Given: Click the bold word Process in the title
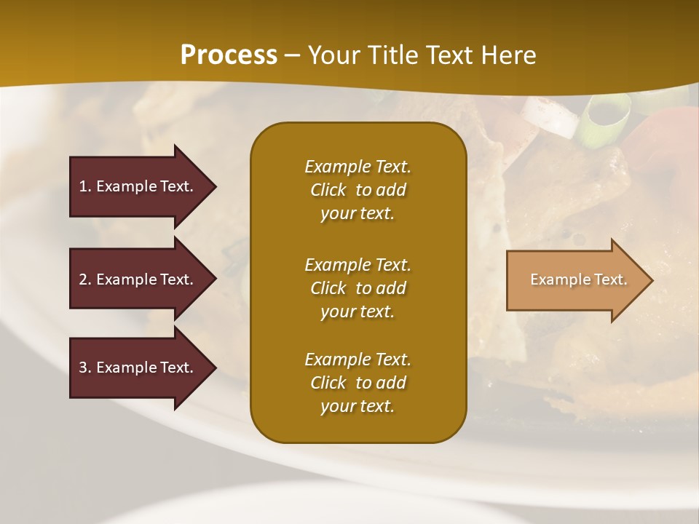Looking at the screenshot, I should tap(229, 55).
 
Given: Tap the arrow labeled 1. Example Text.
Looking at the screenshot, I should tap(138, 186).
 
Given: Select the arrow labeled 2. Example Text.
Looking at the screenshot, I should tap(138, 279).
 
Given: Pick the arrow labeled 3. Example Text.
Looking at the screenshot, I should tap(138, 368).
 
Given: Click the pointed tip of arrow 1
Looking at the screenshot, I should tap(214, 186).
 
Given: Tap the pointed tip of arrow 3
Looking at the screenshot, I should tap(214, 368).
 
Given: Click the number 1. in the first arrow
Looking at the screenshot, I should tap(85, 186).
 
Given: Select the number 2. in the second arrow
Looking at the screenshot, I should tap(85, 279).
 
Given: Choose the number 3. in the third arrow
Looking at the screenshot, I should tap(85, 368).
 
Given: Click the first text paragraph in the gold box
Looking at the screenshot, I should tap(358, 190).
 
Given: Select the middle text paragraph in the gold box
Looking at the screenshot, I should tap(358, 287).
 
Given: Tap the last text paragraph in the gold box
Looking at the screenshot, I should tap(358, 383).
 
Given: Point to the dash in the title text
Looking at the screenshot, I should tap(292, 56).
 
